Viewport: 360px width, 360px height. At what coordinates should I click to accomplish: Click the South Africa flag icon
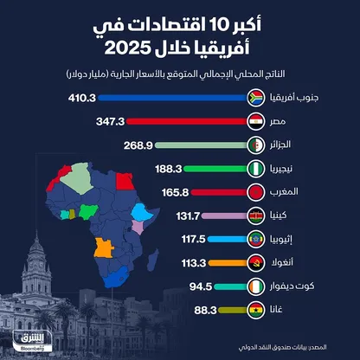tap(256, 98)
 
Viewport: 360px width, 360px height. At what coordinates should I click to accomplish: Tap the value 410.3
tap(82, 98)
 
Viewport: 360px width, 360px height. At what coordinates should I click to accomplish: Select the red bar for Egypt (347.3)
tap(187, 122)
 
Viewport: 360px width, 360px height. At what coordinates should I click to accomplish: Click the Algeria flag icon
tap(256, 145)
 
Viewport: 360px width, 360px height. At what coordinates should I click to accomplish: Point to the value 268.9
tap(138, 145)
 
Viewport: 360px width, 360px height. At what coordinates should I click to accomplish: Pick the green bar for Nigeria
tap(215, 169)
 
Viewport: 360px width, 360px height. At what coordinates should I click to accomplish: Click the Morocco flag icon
tap(256, 192)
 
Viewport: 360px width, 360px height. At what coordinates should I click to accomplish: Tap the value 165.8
tap(175, 192)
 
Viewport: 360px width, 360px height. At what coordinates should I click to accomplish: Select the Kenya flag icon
tap(256, 215)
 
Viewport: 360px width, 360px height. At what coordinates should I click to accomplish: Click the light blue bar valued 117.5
tap(228, 239)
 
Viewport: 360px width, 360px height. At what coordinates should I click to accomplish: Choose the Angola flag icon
tap(256, 263)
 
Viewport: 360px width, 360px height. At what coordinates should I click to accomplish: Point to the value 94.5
tap(201, 286)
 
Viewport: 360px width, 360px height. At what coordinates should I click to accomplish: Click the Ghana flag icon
tap(256, 310)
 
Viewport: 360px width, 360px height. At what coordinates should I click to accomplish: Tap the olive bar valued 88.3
tap(233, 310)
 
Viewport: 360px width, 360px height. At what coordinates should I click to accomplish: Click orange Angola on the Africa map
tap(103, 247)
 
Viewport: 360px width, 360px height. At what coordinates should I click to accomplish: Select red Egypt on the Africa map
tap(125, 181)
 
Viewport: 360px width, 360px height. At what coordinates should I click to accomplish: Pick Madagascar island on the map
tap(153, 260)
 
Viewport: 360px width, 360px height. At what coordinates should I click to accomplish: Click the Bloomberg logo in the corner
tap(32, 341)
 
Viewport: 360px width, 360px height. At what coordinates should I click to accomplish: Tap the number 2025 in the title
tap(128, 48)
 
